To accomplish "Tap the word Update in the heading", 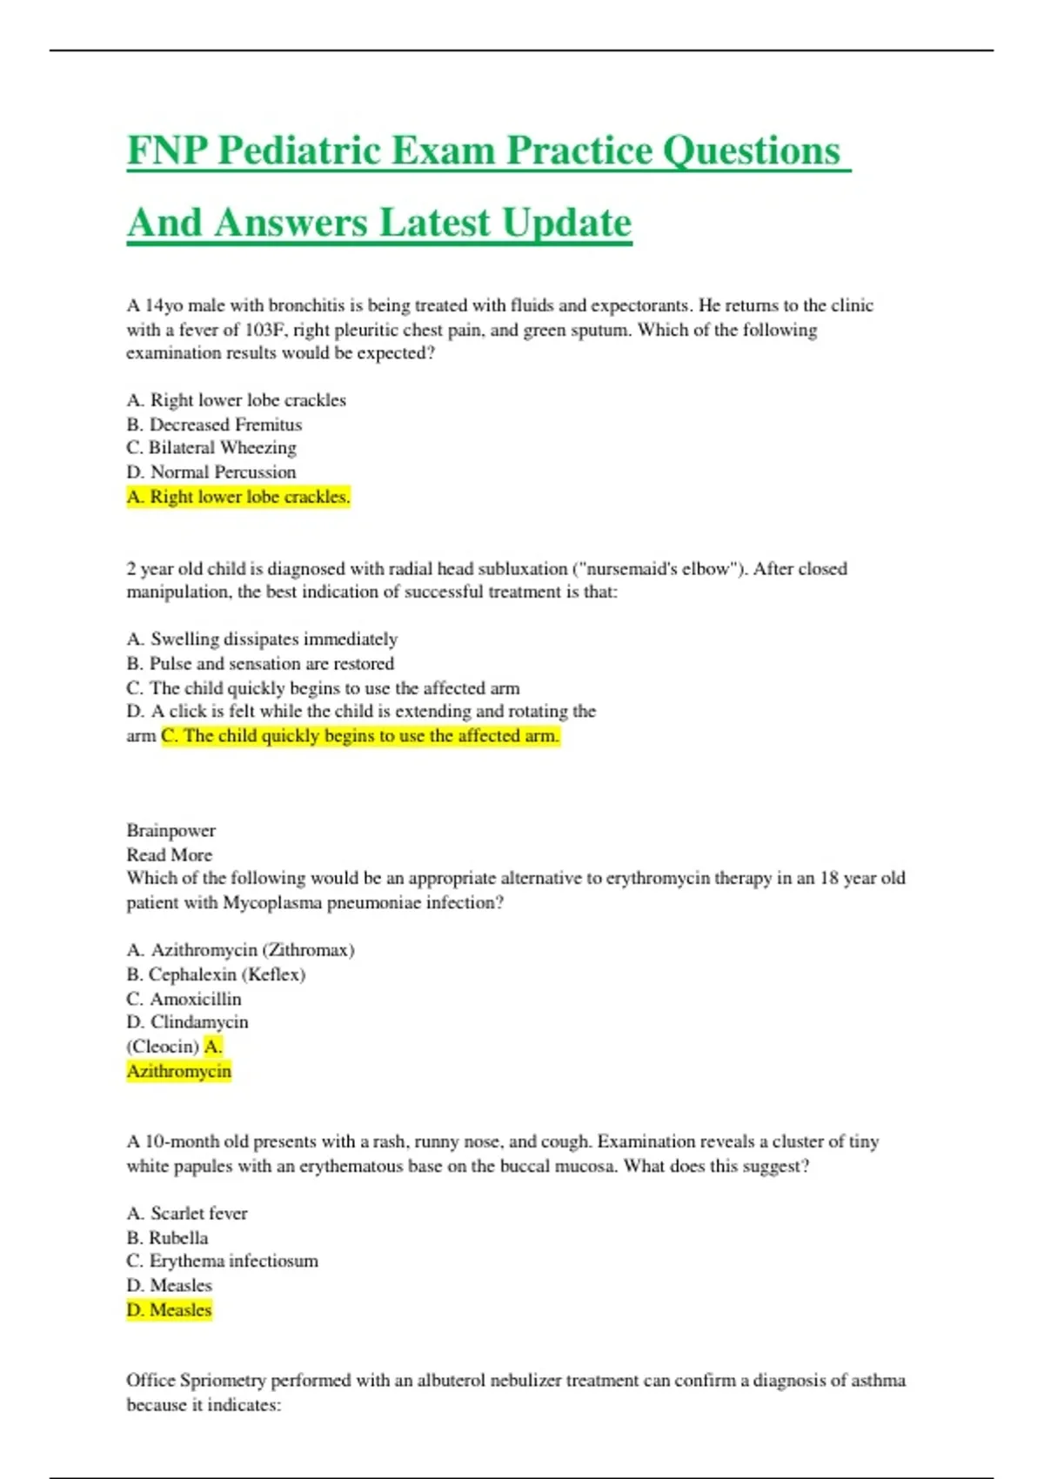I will click(566, 223).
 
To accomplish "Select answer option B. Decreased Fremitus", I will click(214, 425).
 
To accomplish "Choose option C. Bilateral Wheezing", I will click(211, 448).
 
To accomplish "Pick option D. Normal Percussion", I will click(211, 472).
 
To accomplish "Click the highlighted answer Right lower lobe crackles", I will click(238, 497).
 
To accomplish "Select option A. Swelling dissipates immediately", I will click(262, 639).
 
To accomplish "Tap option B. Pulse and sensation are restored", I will click(260, 664).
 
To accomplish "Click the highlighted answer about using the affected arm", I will click(360, 736).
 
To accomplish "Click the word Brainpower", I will click(171, 831).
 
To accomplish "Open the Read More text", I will click(170, 855).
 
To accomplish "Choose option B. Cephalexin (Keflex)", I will click(216, 974).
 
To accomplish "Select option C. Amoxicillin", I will click(184, 999).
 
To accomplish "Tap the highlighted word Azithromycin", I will click(179, 1071).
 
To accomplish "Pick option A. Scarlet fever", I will click(187, 1214).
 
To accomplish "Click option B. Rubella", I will click(168, 1238).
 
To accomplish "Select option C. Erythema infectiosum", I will click(223, 1261).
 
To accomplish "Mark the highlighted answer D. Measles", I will click(170, 1310).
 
